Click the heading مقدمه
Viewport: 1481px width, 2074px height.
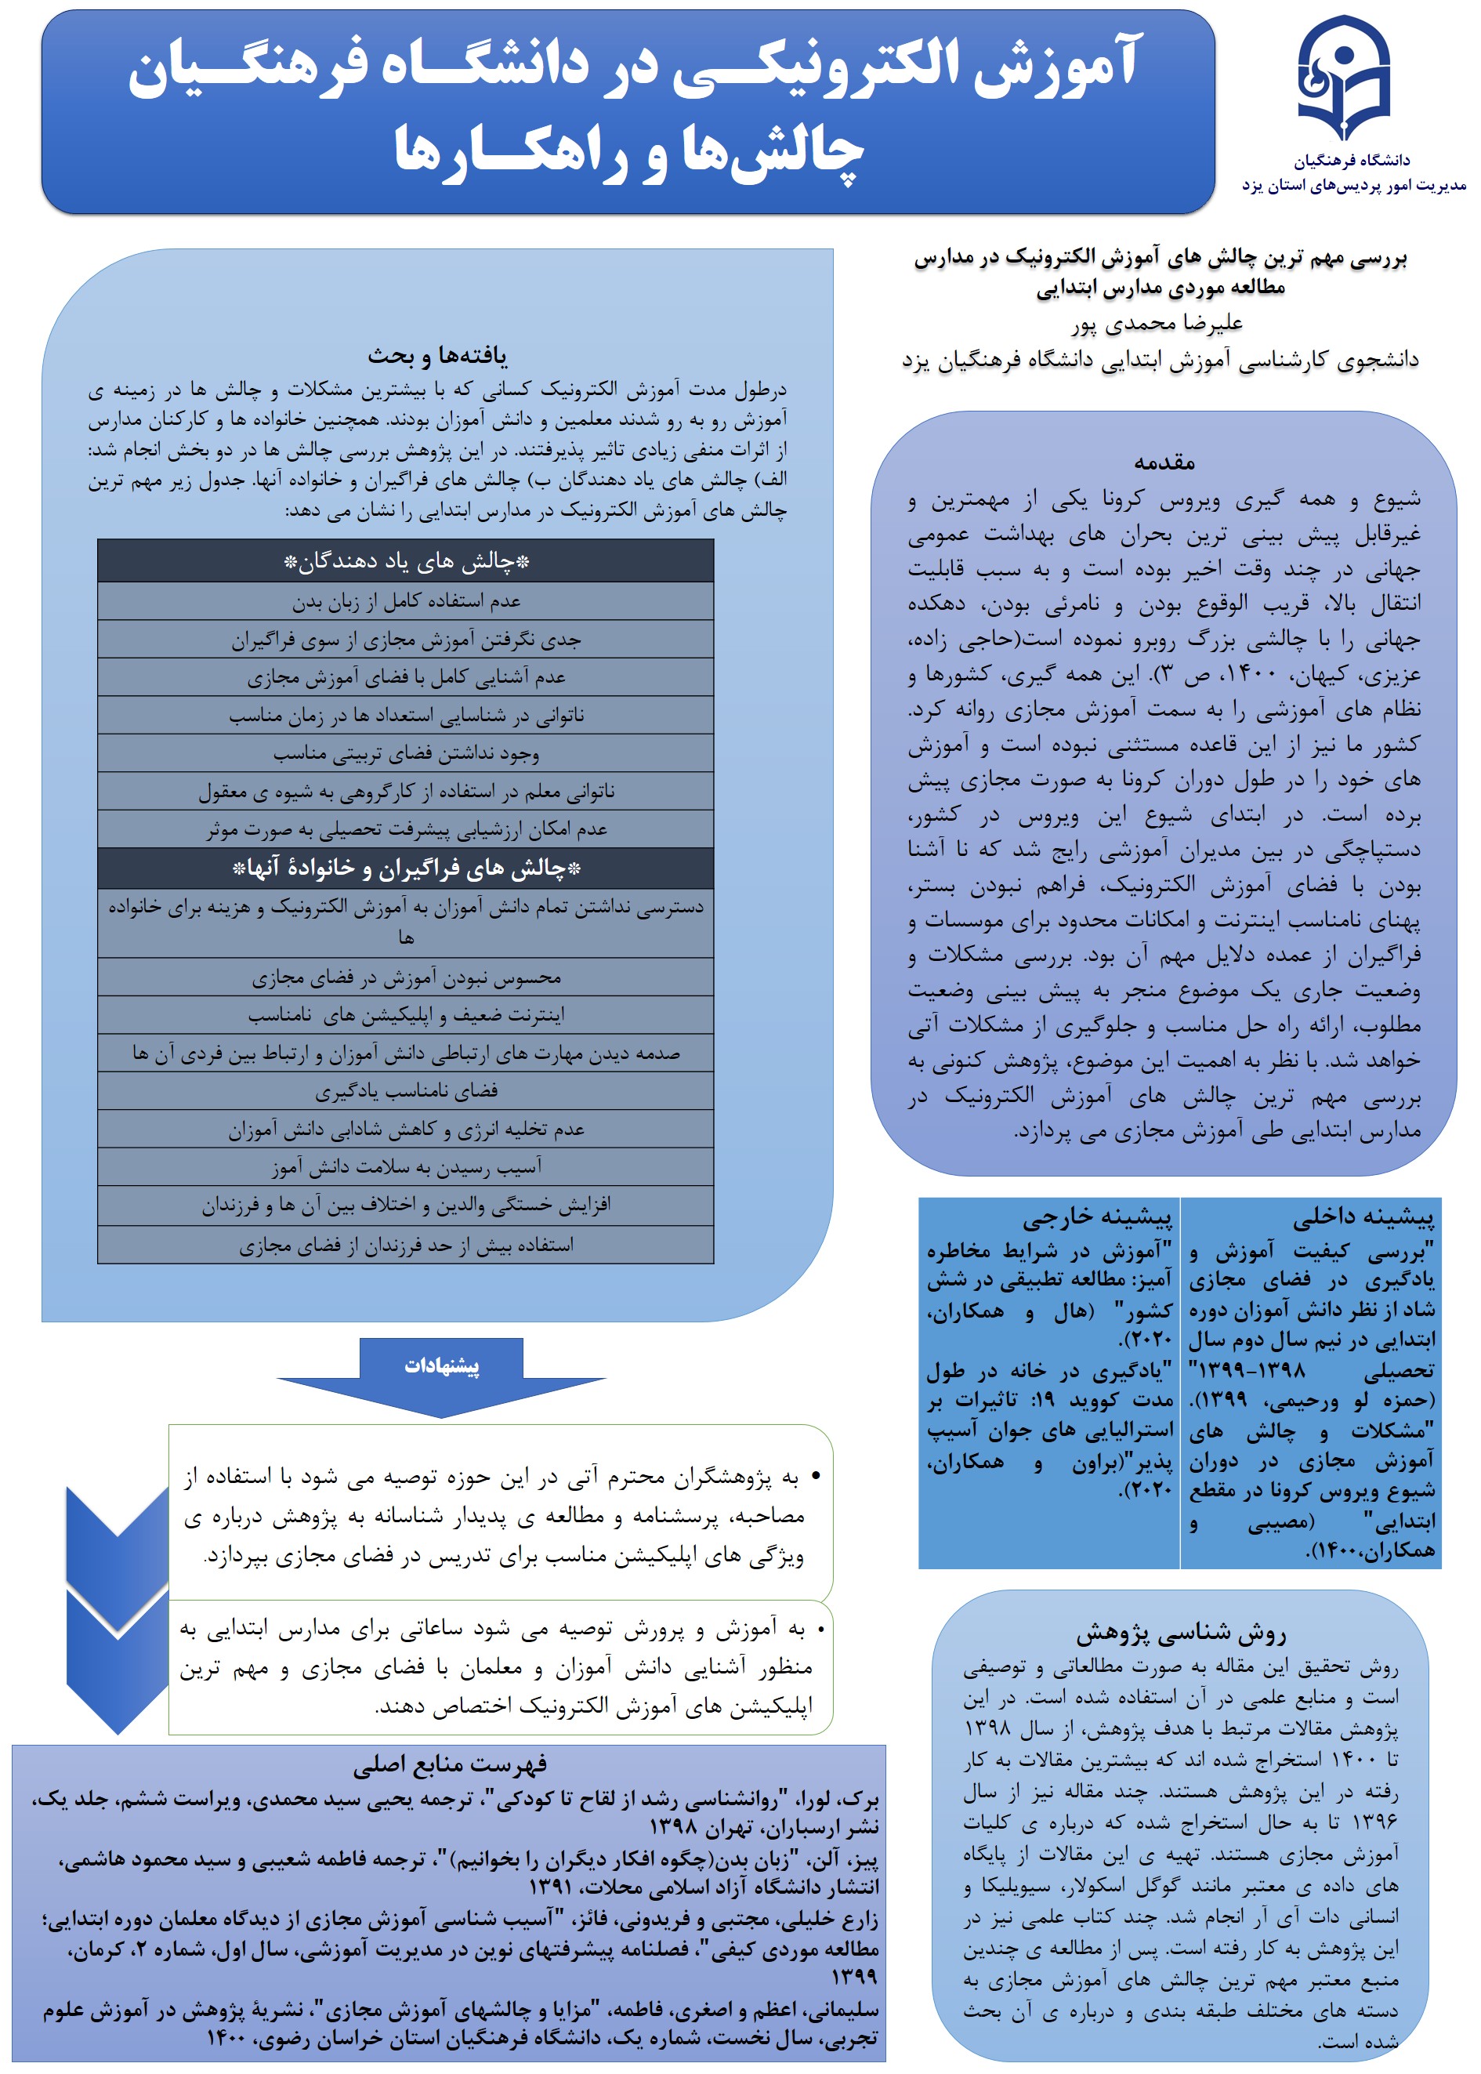click(x=1164, y=462)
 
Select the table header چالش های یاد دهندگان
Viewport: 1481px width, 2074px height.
click(x=406, y=561)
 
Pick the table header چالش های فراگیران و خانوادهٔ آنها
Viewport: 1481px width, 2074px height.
click(x=406, y=868)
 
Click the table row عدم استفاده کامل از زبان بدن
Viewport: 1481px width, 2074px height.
click(x=406, y=601)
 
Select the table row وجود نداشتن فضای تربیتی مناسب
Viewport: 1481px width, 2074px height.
click(x=406, y=753)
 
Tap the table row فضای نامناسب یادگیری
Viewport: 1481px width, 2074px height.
click(x=406, y=1091)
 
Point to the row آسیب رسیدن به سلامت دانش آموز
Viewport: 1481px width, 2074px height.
click(x=406, y=1166)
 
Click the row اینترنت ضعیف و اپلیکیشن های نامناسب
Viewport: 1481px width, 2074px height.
click(x=406, y=1014)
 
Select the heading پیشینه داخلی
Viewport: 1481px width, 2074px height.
click(x=1363, y=1216)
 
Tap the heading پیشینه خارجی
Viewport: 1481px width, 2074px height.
click(x=1096, y=1216)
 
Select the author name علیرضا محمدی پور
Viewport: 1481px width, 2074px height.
click(x=1157, y=324)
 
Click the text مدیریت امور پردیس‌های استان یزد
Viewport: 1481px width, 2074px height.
click(x=1353, y=185)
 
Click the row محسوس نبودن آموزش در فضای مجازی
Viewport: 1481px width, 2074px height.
click(x=406, y=977)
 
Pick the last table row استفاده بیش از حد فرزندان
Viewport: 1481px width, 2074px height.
click(x=406, y=1245)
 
